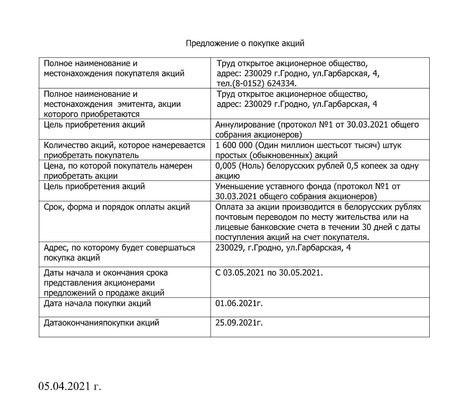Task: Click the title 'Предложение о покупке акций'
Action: (x=244, y=43)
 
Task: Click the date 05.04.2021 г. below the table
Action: (x=70, y=386)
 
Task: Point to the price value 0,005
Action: (x=227, y=166)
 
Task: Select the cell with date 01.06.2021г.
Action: (x=239, y=303)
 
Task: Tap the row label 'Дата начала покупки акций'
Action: (x=97, y=303)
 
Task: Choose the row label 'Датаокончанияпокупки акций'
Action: (x=101, y=323)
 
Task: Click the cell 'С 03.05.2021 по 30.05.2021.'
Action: (x=268, y=273)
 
